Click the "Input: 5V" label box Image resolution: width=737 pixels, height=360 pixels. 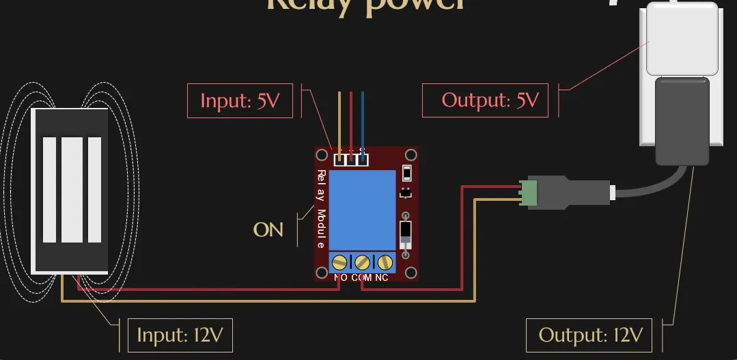click(240, 101)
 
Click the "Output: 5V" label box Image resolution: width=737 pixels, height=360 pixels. click(484, 100)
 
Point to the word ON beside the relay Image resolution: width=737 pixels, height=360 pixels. click(268, 230)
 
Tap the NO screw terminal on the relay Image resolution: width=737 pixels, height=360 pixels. click(340, 262)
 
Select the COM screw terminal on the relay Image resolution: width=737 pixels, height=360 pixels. click(363, 262)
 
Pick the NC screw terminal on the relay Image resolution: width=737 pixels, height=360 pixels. click(385, 262)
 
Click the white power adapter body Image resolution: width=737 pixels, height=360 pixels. click(680, 41)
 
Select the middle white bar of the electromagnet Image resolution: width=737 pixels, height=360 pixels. click(72, 190)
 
